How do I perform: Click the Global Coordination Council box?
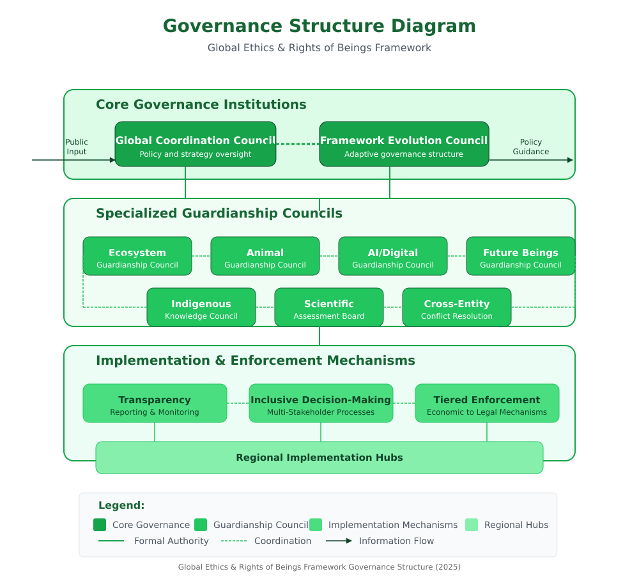195,144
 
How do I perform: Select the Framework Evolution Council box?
404,144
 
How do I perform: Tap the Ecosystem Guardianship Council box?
137,256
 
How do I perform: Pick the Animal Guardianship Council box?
265,256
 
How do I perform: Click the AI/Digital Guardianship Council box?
393,256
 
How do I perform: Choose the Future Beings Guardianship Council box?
520,256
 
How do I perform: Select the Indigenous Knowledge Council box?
201,307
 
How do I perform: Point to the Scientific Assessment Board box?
329,307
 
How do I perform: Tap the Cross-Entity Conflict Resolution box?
457,307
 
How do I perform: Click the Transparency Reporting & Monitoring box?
155,403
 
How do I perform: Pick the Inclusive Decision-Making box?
321,403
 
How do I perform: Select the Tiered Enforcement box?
487,403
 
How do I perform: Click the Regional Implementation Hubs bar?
319,458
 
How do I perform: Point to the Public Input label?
77,147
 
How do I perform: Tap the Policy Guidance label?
530,147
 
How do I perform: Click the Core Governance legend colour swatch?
100,525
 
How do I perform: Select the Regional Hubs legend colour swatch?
472,525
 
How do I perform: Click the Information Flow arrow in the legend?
339,541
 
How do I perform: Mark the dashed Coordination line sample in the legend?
234,541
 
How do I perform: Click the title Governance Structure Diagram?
319,26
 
